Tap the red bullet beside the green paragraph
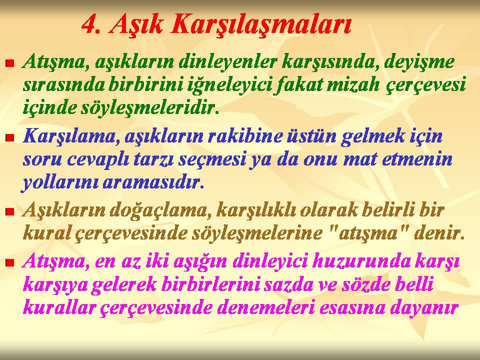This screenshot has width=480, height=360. point(10,63)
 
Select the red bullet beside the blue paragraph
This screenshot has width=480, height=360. point(10,137)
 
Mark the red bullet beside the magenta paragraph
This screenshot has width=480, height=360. point(10,262)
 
